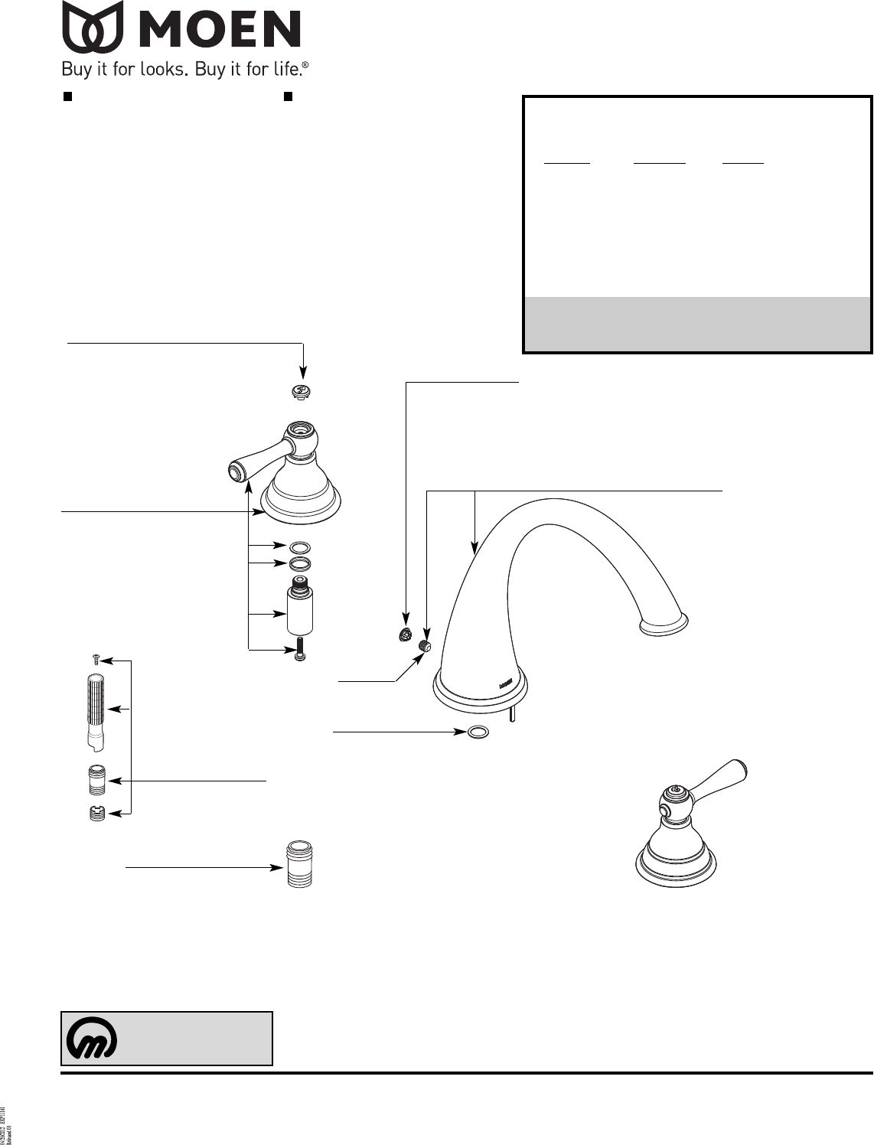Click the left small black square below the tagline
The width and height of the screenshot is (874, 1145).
[67, 96]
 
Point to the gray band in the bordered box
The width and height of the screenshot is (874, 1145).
[696, 324]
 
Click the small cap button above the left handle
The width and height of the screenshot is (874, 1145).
[302, 392]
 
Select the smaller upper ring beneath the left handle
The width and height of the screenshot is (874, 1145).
[302, 547]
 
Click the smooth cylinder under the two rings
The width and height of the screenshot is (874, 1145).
[301, 606]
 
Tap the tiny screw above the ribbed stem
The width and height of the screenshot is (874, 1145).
[96, 657]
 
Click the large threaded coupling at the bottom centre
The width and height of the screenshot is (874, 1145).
[299, 865]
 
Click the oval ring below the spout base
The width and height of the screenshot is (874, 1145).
[478, 732]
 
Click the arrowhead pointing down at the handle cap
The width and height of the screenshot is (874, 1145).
[304, 373]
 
